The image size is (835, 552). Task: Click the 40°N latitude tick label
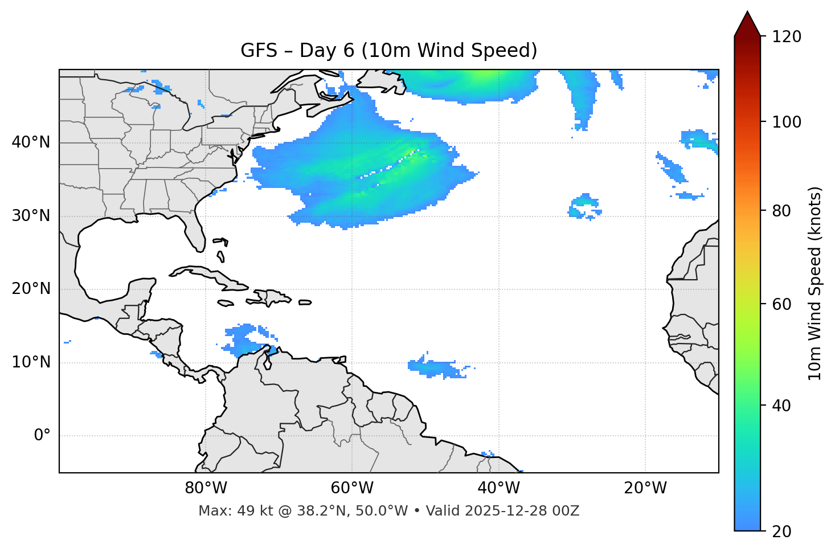pyautogui.click(x=31, y=142)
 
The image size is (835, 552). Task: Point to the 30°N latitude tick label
pyautogui.click(x=31, y=216)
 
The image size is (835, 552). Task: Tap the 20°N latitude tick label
pyautogui.click(x=31, y=289)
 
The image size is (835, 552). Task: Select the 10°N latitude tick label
pyautogui.click(x=31, y=362)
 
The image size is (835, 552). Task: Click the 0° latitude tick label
pyautogui.click(x=42, y=436)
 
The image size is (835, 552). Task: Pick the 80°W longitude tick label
pyautogui.click(x=206, y=488)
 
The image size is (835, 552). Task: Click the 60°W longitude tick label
pyautogui.click(x=352, y=488)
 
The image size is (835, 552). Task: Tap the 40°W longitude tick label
pyautogui.click(x=498, y=488)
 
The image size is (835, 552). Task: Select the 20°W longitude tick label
pyautogui.click(x=645, y=488)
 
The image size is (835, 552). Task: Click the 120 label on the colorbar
pyautogui.click(x=787, y=37)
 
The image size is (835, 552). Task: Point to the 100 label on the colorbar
pyautogui.click(x=787, y=122)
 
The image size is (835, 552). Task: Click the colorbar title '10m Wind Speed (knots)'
pyautogui.click(x=815, y=284)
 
